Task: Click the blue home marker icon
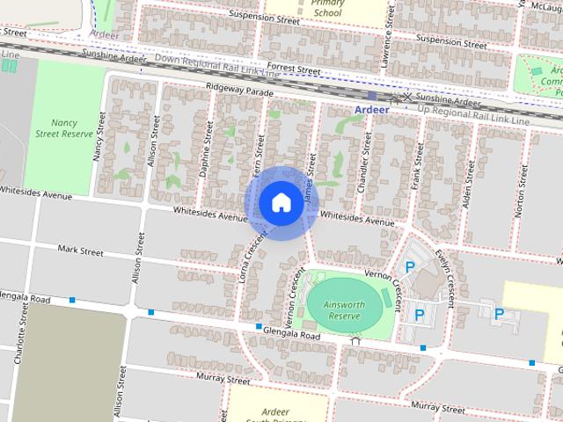pos(280,203)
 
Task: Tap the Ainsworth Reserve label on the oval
pos(343,309)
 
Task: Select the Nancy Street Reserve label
pos(64,128)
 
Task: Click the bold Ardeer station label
pos(371,110)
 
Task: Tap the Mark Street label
pos(80,251)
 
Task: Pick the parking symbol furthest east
pos(499,314)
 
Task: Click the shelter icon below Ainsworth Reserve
pos(355,340)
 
